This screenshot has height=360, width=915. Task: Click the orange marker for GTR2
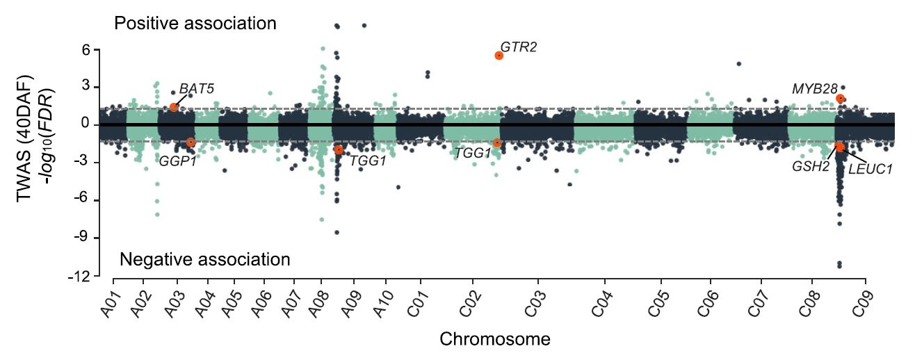coord(499,56)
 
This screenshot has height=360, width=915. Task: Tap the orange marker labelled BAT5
coord(174,107)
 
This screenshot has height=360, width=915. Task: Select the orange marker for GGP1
coord(191,142)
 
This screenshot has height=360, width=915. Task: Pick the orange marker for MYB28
coord(841,99)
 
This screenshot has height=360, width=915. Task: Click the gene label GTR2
coord(519,47)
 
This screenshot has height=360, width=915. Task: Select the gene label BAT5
coord(197,89)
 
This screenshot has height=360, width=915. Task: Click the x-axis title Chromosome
coord(495,340)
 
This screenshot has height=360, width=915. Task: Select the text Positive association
coord(195,24)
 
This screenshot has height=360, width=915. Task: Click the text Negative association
coord(204,260)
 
